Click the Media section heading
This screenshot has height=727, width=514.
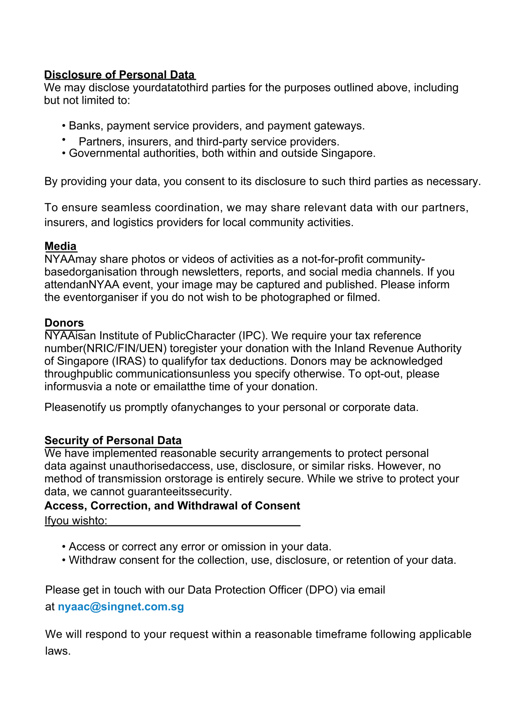pos(60,246)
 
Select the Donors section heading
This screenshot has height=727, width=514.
pos(64,323)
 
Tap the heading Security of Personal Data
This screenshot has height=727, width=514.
pos(113,440)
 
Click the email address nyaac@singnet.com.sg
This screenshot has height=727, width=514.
pos(121,606)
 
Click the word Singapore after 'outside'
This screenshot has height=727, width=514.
pos(347,153)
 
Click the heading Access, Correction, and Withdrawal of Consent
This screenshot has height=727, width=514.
pos(172,506)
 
